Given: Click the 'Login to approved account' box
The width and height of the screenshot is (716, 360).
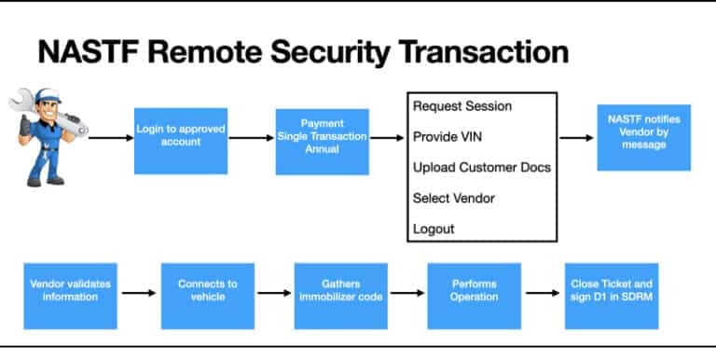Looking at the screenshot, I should click(181, 140).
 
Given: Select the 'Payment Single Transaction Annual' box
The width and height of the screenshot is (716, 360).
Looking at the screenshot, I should click(323, 141).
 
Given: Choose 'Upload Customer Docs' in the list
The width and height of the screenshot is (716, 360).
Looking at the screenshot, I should click(481, 168).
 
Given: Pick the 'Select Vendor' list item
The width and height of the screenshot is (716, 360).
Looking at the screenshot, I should click(453, 198).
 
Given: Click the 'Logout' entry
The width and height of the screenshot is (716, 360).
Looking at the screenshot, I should click(433, 228).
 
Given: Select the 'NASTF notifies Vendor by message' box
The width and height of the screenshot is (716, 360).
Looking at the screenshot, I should click(643, 137).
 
